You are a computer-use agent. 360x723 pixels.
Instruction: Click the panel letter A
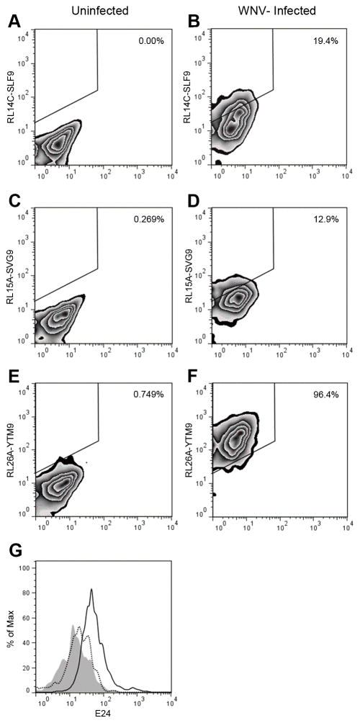(12, 21)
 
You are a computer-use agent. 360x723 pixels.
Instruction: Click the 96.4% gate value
(328, 395)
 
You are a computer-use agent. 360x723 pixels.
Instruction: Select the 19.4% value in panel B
(328, 41)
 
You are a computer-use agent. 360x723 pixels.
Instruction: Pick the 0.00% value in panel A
(151, 41)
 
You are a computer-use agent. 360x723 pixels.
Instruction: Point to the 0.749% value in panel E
(149, 395)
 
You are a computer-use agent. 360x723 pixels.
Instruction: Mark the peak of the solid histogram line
(91, 589)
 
